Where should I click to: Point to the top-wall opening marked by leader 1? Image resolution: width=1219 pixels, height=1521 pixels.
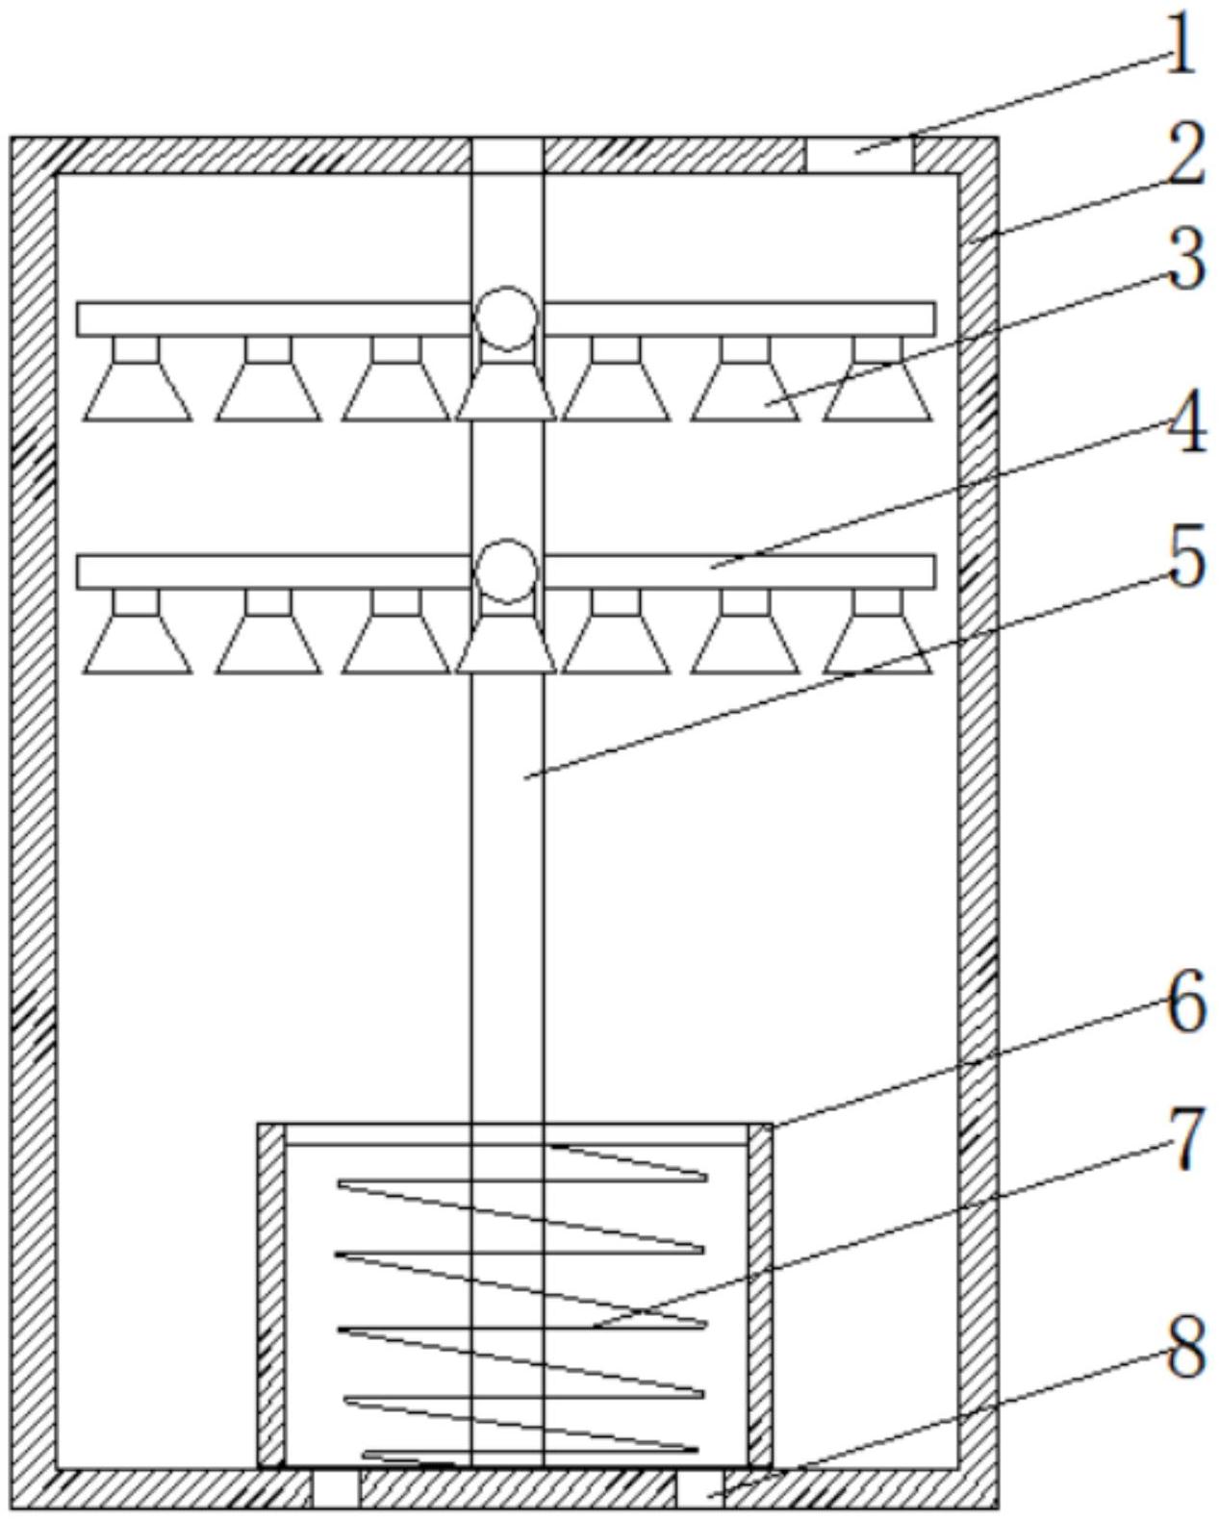tap(859, 155)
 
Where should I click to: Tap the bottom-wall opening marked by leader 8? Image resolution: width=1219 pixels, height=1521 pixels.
tap(700, 1488)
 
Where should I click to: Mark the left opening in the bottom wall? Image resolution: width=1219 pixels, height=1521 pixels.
tap(336, 1488)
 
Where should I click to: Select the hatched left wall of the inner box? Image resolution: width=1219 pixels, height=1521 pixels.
tap(271, 1294)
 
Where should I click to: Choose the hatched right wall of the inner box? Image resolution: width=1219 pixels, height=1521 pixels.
tap(760, 1294)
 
